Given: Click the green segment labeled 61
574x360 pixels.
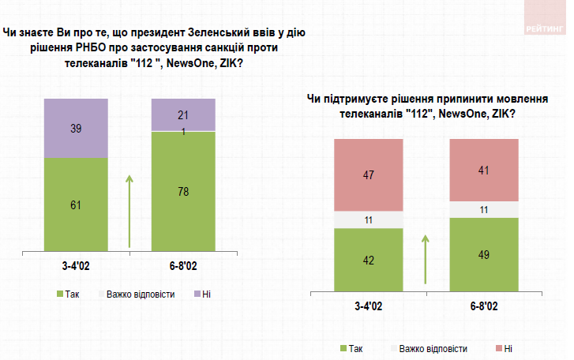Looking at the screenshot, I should pos(76,204).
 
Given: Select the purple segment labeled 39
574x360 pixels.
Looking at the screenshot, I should pos(76,128).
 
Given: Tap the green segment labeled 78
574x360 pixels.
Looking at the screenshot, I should pos(183,191).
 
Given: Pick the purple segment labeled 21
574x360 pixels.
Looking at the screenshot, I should pos(183,114).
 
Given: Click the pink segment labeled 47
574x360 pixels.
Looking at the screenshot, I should pos(369,174).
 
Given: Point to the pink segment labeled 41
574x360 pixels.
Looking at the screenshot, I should pos(483,170).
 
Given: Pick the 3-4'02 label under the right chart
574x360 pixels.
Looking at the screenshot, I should pos(369,306).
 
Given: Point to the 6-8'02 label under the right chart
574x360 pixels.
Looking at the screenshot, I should pos(483,306).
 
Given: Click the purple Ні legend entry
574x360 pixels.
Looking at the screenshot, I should pos(203,294).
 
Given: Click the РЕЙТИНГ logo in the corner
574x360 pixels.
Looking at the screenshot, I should pos(543,28).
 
